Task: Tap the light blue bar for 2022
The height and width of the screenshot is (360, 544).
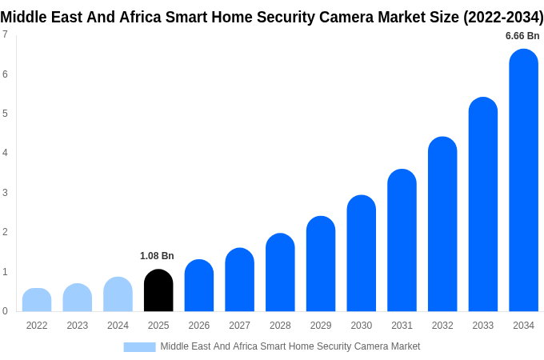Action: (x=37, y=300)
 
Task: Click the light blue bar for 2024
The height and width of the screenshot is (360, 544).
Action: (x=118, y=294)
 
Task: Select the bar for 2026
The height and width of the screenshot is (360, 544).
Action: (x=199, y=286)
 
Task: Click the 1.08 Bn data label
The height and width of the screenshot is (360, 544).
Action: (x=157, y=256)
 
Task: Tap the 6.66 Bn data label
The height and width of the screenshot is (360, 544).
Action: (x=522, y=36)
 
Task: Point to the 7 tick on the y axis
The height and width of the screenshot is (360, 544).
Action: (x=5, y=34)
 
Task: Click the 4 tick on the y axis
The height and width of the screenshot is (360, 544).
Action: (x=5, y=153)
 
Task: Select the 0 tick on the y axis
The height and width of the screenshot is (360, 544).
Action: (x=5, y=311)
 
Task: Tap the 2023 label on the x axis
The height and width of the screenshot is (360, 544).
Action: (x=78, y=326)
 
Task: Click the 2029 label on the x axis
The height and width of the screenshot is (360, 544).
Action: (x=321, y=326)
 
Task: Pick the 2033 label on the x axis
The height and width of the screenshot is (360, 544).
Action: (x=483, y=326)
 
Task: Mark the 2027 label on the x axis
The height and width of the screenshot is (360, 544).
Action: (x=239, y=326)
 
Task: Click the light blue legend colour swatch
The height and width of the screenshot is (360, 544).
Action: (x=139, y=346)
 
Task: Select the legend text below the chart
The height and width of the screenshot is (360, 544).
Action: (x=290, y=346)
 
